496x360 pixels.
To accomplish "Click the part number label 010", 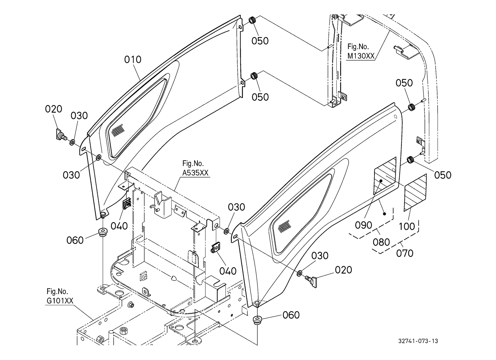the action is coord(133,60).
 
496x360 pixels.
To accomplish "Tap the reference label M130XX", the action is coord(361,56).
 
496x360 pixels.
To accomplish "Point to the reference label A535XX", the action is coord(195,173).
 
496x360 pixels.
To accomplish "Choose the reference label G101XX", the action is coord(60,300).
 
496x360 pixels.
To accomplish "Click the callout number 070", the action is coord(405,254).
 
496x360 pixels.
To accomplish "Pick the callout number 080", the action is coord(381,242).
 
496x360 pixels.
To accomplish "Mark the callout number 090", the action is coord(364,225).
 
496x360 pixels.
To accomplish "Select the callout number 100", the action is coord(406,227).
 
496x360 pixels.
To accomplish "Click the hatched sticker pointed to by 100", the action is coord(415,192).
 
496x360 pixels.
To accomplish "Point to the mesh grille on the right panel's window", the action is coord(284,226).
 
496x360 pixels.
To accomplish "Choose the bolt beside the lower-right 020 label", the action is coord(311,280).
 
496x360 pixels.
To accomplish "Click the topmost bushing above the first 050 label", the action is coord(252,20).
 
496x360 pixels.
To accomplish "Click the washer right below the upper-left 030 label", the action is coord(72,142).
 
